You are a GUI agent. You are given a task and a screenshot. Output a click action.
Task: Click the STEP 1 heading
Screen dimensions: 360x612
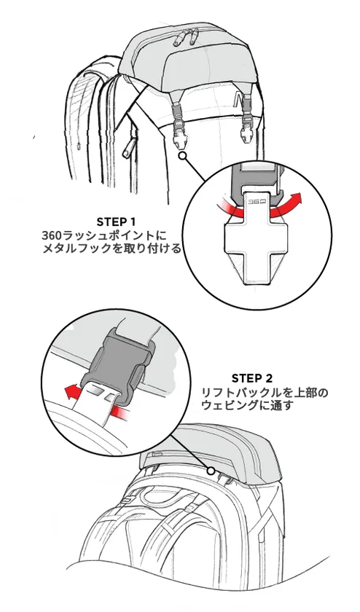click(116, 222)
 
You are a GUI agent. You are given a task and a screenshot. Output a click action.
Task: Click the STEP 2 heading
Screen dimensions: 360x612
click(252, 378)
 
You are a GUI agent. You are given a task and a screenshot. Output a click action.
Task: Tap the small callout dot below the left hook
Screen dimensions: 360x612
click(181, 156)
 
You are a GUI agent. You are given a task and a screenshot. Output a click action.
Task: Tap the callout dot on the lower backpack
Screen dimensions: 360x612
click(211, 471)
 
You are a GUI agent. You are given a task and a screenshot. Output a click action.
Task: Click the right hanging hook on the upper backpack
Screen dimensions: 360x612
click(247, 122)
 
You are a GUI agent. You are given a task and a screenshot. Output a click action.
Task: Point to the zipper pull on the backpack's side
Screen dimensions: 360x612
click(128, 149)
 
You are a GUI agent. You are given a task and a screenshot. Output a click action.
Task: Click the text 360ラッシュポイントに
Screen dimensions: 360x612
click(104, 236)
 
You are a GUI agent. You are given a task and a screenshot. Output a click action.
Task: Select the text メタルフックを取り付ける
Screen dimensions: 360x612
click(111, 248)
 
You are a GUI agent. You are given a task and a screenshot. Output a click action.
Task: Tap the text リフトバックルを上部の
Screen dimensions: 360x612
click(265, 393)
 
